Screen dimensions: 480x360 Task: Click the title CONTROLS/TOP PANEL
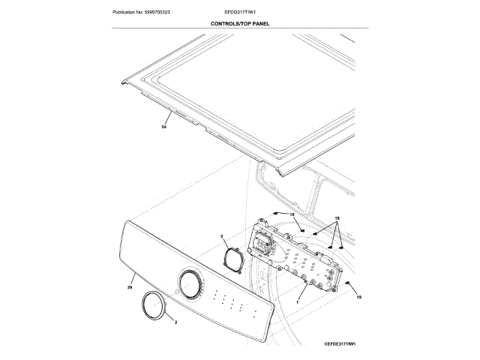pos(240,24)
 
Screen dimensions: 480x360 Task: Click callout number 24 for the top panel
pos(163,127)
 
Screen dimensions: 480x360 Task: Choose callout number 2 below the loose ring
pos(175,322)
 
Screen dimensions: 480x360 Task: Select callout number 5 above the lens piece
pos(223,236)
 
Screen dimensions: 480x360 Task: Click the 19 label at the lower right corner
pos(358,298)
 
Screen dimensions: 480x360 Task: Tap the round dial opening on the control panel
pos(189,283)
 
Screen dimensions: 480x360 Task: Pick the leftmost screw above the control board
pos(275,214)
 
